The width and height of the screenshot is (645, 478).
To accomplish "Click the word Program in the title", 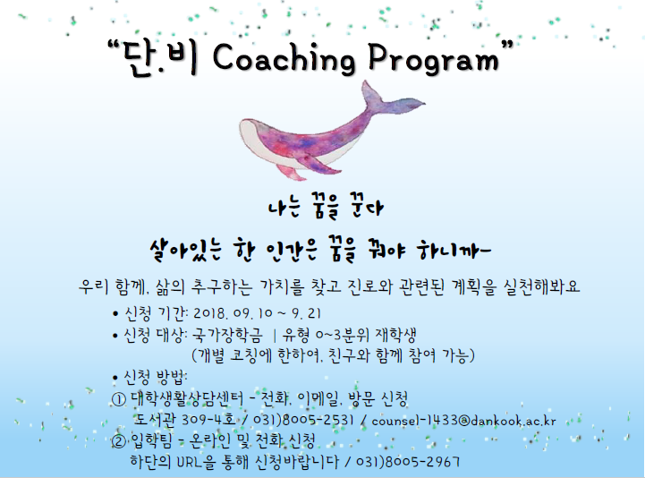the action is tap(434, 59).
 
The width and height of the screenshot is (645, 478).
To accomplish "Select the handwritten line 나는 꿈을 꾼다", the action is tap(326, 206).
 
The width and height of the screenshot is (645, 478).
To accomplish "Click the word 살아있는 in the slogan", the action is tap(186, 250).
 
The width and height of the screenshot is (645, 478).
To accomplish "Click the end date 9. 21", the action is tap(307, 313).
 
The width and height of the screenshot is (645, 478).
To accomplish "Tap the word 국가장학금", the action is tap(227, 335).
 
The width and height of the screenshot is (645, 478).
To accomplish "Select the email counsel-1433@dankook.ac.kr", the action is tap(463, 421).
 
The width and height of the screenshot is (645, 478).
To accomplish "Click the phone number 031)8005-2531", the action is tap(303, 420).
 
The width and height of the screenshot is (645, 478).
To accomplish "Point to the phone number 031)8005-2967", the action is tap(408, 461).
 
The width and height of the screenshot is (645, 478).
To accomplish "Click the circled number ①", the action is tap(118, 399).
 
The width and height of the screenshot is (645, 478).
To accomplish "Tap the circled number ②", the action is tap(118, 441).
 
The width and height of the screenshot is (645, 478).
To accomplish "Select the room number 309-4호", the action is tap(208, 420).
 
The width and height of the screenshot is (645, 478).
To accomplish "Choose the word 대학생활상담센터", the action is tap(187, 398).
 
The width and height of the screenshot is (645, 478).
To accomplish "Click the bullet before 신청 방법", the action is tap(115, 377).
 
